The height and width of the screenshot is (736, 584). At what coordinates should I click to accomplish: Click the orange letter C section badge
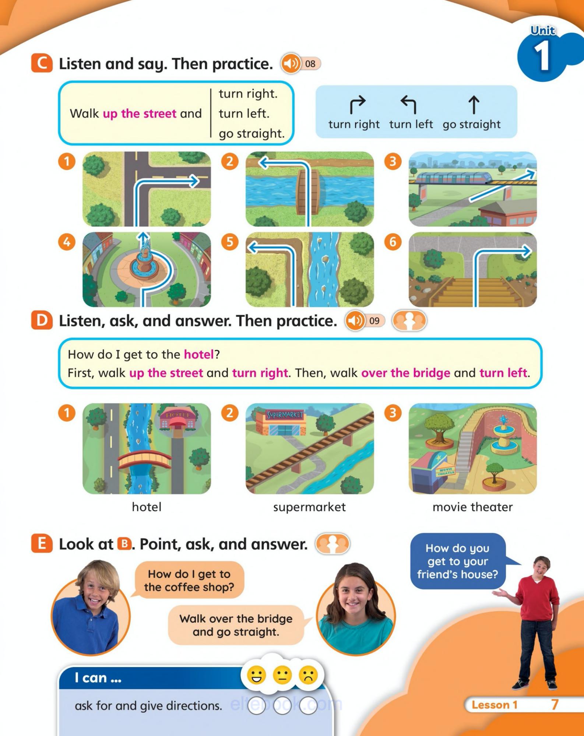42,63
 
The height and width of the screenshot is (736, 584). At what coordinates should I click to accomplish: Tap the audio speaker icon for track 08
291,64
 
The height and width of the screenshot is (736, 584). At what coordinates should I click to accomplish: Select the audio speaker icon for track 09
355,320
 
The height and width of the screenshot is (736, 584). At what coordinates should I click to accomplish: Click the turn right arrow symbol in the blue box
357,105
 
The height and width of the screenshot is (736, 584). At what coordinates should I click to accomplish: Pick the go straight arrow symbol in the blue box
474,105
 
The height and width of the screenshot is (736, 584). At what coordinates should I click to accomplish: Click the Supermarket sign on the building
285,415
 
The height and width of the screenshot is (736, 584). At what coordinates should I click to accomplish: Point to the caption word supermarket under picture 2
309,507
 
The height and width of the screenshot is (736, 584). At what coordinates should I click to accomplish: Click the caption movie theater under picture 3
472,507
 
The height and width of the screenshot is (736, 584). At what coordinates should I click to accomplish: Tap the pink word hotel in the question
199,354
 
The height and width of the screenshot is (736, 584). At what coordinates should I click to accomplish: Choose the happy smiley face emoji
256,676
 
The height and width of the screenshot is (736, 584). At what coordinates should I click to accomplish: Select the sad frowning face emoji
309,676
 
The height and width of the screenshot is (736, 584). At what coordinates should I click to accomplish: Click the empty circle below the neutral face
282,705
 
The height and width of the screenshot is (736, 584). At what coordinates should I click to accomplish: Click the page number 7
555,705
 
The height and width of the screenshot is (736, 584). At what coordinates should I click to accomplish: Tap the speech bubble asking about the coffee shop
189,580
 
